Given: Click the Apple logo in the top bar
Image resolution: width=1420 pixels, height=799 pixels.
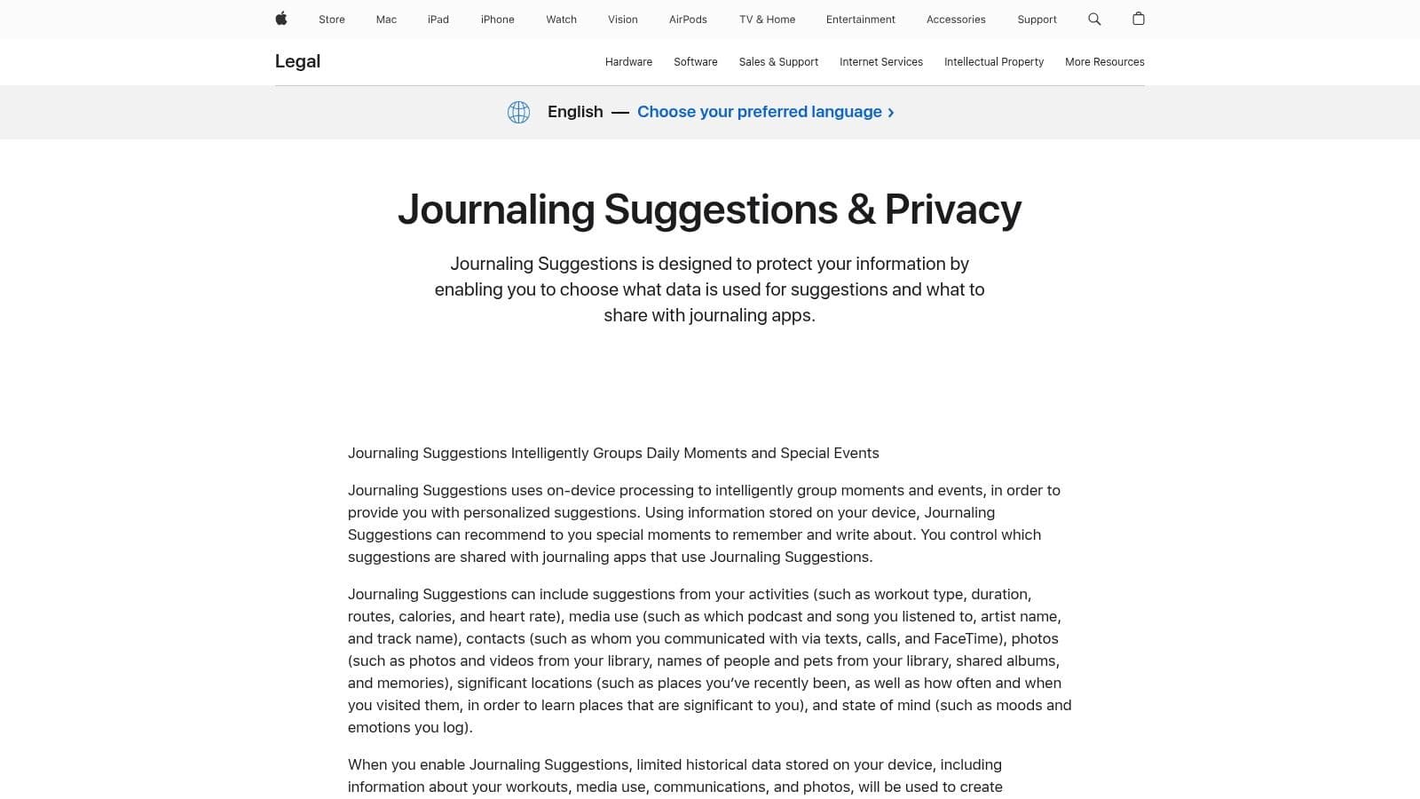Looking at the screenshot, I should coord(281,19).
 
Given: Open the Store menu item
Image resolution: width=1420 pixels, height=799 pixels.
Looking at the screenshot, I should coord(332,20).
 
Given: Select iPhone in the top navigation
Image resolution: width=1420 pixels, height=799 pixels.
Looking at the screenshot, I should coord(497,20).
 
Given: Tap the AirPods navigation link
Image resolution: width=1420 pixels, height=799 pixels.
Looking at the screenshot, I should coord(688,20).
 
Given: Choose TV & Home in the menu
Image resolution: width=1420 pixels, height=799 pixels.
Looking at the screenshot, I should coord(767,20).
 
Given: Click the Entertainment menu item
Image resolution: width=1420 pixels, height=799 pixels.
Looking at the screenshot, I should coord(860,20).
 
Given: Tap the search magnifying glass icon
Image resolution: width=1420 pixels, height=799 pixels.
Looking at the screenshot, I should coord(1094,19).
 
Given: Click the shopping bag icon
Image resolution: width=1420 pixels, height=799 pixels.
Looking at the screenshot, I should coord(1139,19).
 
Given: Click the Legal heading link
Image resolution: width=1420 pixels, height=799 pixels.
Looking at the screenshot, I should coord(297,61).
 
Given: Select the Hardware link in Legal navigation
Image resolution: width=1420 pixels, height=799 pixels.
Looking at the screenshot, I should coord(628,62).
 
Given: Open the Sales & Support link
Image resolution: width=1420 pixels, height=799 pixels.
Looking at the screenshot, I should coord(778,62).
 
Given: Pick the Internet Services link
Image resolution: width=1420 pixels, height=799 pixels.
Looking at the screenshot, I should coord(881,62).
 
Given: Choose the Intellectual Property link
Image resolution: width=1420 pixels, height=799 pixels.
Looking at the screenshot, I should coord(994,62).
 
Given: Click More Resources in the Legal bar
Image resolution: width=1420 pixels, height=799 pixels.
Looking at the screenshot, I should coord(1104,62).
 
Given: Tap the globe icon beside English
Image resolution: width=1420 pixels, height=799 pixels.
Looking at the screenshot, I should coord(518,112).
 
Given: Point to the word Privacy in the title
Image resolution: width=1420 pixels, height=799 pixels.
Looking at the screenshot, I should coord(952,210).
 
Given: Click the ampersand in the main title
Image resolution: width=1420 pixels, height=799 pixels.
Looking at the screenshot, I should coord(860,210).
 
